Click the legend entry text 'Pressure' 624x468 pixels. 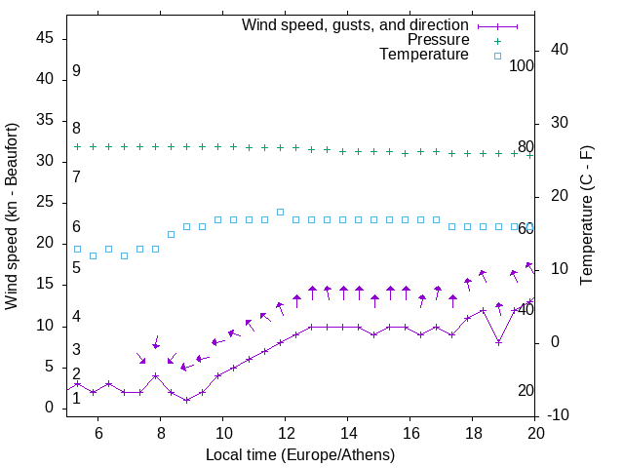438,40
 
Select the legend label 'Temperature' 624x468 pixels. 424,55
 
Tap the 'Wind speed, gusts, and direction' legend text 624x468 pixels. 355,24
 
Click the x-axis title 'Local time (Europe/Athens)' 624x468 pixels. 300,454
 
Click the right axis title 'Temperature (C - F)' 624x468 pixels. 586,216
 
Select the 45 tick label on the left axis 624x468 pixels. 45,38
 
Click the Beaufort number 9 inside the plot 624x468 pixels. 76,71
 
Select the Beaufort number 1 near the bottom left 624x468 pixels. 76,398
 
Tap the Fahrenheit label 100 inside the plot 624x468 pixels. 522,65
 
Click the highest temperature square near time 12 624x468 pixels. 280,212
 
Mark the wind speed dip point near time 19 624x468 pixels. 498,342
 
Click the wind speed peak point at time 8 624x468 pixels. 155,375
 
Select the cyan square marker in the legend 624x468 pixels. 497,56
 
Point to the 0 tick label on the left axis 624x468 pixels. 51,408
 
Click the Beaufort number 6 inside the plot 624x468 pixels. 76,227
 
